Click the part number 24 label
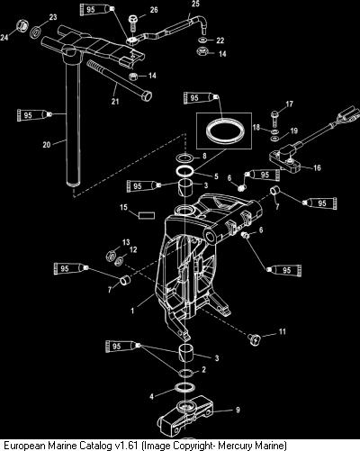click(4, 38)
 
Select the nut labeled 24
click(22, 26)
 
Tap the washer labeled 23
click(36, 32)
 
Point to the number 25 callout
click(195, 4)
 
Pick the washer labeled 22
click(202, 40)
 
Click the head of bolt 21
click(146, 96)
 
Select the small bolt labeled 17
click(274, 118)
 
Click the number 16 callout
click(317, 167)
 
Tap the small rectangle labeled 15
click(147, 215)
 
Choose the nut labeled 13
click(111, 256)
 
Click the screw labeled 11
click(255, 340)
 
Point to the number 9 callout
click(238, 410)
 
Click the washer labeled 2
click(186, 373)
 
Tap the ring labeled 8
click(185, 158)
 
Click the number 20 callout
click(47, 145)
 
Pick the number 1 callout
click(132, 311)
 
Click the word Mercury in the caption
click(235, 446)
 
